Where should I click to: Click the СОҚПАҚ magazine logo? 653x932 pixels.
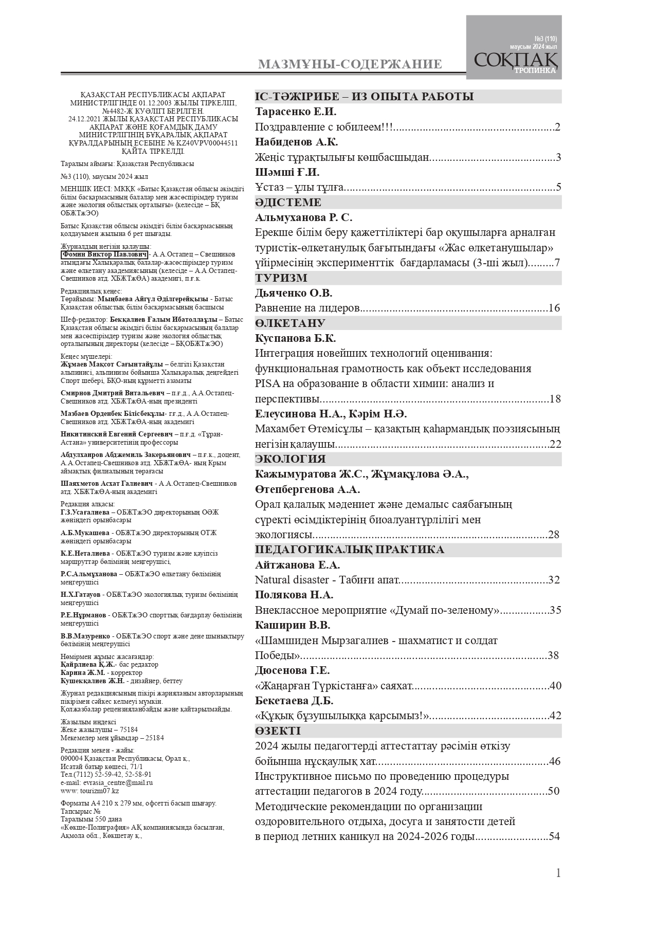[x=514, y=61]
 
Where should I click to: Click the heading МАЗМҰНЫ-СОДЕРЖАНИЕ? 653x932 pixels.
[x=350, y=64]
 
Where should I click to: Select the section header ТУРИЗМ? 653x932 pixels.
[x=281, y=278]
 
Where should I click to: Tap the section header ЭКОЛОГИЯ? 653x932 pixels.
[x=290, y=459]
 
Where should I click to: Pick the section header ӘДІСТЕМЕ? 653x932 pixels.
[x=288, y=203]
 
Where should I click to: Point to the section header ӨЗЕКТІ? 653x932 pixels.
[x=278, y=731]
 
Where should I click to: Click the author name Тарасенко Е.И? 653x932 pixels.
[x=296, y=112]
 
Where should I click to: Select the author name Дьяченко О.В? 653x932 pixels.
[x=294, y=293]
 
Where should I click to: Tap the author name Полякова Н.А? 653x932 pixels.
[x=294, y=595]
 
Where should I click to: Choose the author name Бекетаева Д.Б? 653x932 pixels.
[x=294, y=701]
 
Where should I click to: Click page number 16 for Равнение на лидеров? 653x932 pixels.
[x=554, y=308]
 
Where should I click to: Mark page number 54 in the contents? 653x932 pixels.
[x=554, y=836]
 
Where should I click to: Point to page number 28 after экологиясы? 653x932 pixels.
[x=554, y=535]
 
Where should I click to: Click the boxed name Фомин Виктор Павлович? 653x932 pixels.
[x=104, y=255]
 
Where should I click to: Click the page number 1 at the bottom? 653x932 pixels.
[x=558, y=873]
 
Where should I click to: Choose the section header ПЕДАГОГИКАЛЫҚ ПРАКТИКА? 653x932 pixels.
[x=350, y=550]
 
